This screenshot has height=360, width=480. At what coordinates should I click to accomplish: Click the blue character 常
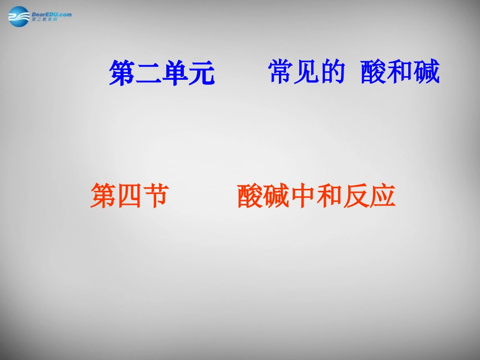[281, 72]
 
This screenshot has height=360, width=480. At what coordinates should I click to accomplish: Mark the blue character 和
[400, 72]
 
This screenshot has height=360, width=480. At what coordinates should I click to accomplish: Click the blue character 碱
[426, 72]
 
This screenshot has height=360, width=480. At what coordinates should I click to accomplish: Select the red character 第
[103, 195]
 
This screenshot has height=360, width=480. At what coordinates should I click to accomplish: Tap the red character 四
[129, 195]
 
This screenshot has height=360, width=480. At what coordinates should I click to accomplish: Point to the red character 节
[155, 195]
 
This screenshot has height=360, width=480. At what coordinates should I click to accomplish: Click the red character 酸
[250, 195]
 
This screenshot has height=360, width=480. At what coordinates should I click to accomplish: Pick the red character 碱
[276, 195]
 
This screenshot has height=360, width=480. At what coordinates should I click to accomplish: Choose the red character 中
[303, 195]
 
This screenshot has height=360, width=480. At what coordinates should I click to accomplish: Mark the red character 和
[329, 195]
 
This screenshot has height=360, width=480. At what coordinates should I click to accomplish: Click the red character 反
[355, 195]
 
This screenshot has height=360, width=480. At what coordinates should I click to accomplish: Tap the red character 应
[381, 195]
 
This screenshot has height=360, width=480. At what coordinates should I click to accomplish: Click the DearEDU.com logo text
[52, 14]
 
